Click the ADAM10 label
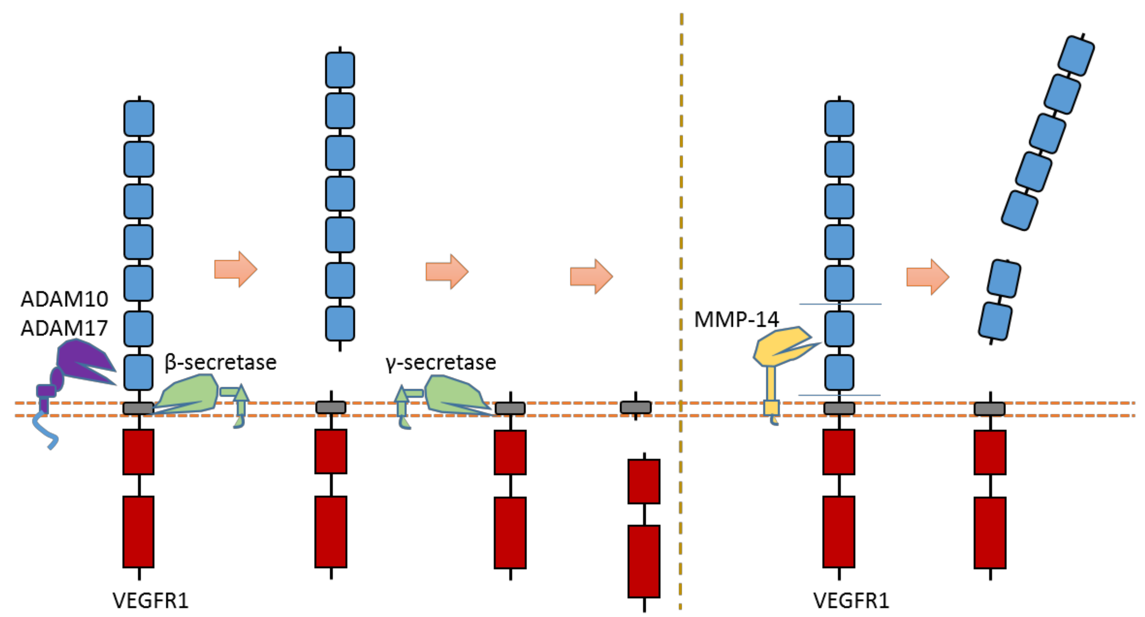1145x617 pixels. (65, 299)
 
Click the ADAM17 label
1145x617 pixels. (65, 328)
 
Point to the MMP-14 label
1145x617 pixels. (736, 319)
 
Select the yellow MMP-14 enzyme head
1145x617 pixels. (778, 344)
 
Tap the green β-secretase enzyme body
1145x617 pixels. (191, 394)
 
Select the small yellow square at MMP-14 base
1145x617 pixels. (771, 408)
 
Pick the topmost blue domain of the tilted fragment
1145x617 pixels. (1076, 56)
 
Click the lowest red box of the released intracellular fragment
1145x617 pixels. (644, 561)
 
